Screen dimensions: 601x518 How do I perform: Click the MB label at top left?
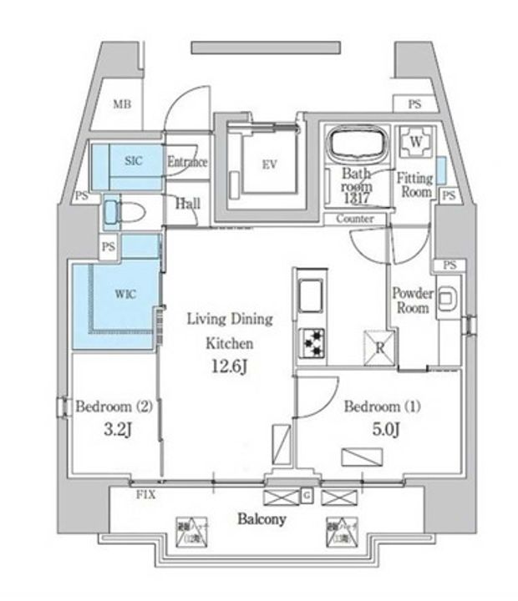tap(123, 104)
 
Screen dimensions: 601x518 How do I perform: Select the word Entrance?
tap(187, 162)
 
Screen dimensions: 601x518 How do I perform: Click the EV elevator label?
tap(268, 164)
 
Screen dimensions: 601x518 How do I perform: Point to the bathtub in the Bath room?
tap(357, 144)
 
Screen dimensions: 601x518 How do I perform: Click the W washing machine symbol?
tap(415, 143)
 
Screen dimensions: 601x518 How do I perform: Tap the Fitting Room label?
tap(414, 185)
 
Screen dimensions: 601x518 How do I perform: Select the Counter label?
tap(355, 219)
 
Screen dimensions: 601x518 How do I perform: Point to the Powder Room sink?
tap(446, 298)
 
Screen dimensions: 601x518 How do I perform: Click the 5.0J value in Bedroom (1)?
tap(385, 430)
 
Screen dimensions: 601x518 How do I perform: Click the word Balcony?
tap(261, 519)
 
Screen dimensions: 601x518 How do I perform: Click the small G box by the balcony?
tap(306, 497)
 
